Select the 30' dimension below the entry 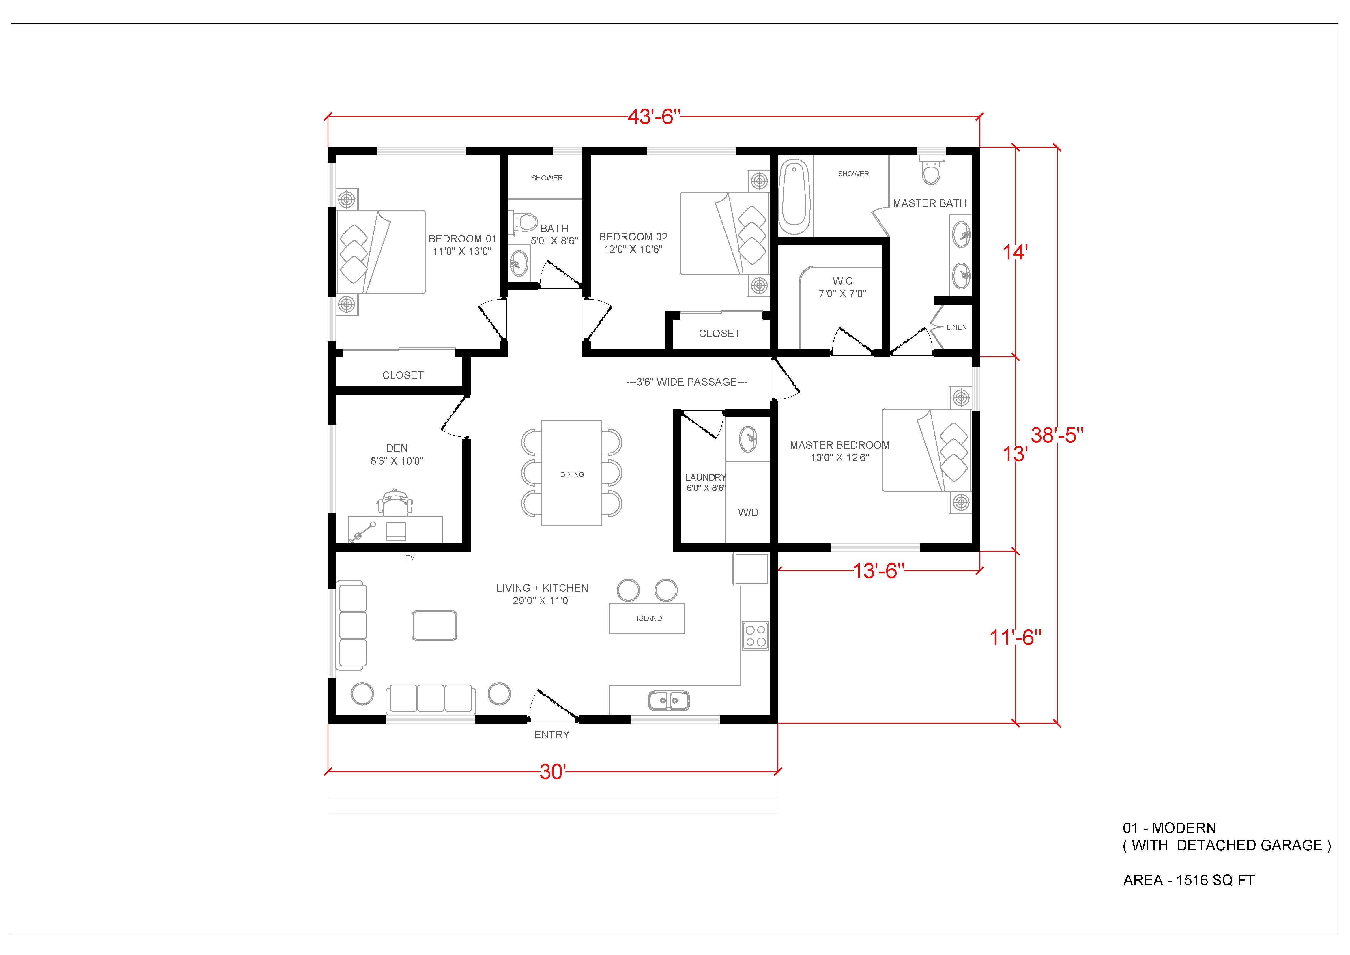pyautogui.click(x=553, y=771)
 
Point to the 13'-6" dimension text pyautogui.click(x=878, y=570)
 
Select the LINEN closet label pyautogui.click(x=957, y=327)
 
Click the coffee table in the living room pyautogui.click(x=435, y=625)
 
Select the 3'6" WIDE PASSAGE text pyautogui.click(x=687, y=382)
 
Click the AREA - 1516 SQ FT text pyautogui.click(x=1189, y=880)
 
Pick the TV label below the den pyautogui.click(x=410, y=558)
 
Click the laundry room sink pyautogui.click(x=748, y=439)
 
